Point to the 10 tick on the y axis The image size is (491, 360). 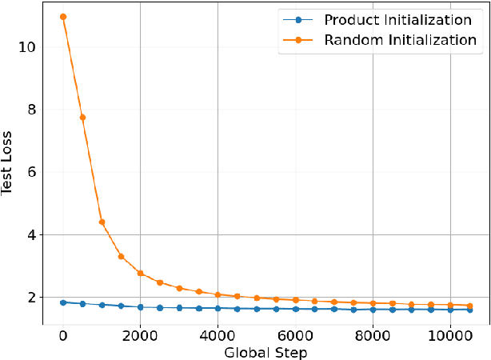(x=27, y=47)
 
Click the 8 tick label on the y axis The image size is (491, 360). (x=31, y=110)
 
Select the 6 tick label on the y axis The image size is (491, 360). (x=31, y=172)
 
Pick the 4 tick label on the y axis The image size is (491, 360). (x=31, y=234)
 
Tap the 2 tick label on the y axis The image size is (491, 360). (x=31, y=298)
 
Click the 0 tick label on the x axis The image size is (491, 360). (x=63, y=334)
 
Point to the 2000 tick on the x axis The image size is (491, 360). (x=140, y=334)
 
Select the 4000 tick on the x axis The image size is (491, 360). (x=218, y=334)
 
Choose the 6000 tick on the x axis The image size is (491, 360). (x=295, y=334)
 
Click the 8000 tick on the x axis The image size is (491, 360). (x=373, y=334)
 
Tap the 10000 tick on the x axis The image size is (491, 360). (x=450, y=334)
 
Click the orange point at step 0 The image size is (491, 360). (x=63, y=17)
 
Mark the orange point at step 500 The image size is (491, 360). (x=82, y=118)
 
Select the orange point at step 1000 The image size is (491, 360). (x=102, y=222)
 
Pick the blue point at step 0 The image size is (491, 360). (x=63, y=302)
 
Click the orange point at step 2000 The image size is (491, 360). (x=140, y=273)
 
